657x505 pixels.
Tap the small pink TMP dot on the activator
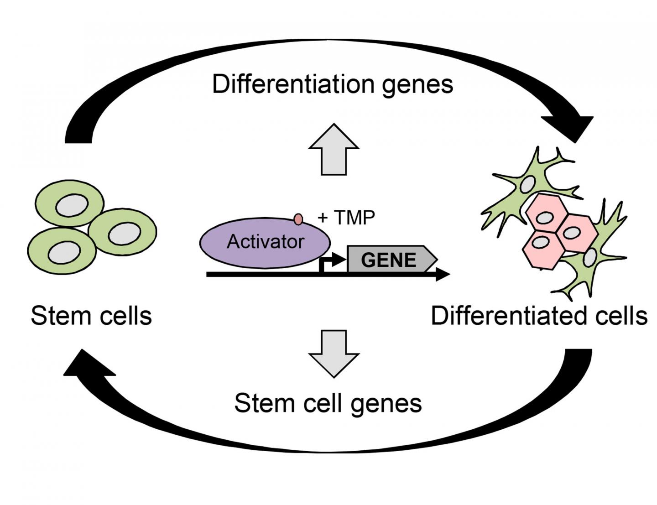(x=298, y=219)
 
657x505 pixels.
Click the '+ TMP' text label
(x=346, y=218)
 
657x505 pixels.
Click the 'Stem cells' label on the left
(x=91, y=316)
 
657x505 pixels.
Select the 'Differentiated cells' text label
(x=539, y=316)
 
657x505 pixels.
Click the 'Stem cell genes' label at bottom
(x=328, y=403)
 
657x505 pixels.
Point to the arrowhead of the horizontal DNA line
(x=443, y=274)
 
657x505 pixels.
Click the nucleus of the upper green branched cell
(x=528, y=184)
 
